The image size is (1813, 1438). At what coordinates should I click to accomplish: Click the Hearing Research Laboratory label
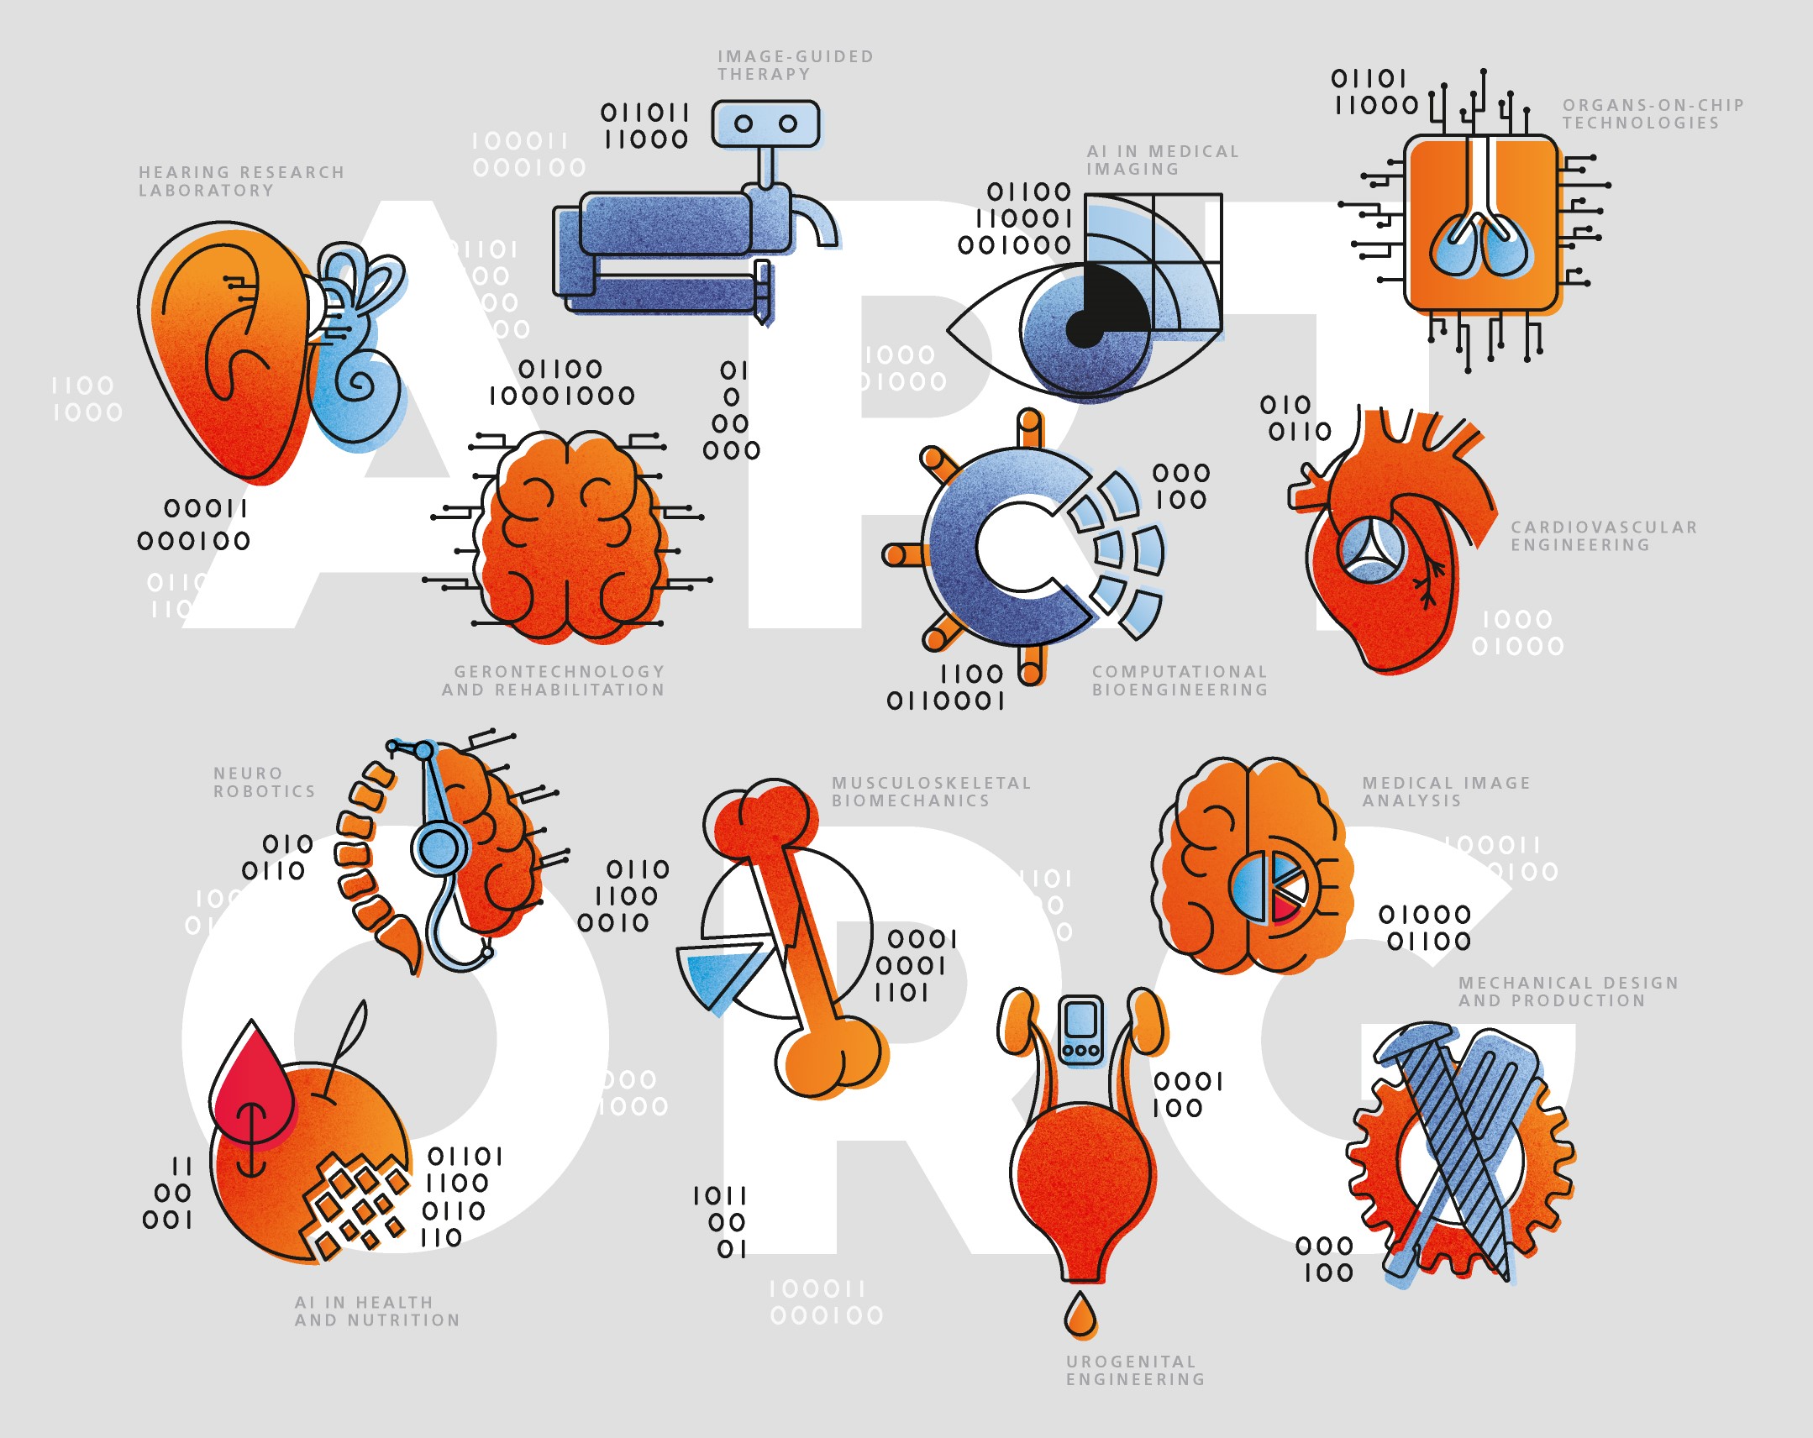point(241,181)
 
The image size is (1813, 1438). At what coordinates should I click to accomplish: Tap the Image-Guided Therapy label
point(796,66)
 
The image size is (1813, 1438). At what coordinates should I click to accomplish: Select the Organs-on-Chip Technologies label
point(1653,114)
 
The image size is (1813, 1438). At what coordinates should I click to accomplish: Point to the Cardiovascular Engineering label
point(1604,537)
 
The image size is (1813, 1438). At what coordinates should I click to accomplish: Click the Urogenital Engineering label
point(1135,1371)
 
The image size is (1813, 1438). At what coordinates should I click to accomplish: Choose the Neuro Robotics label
point(264,783)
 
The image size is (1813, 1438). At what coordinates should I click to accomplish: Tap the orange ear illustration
point(227,353)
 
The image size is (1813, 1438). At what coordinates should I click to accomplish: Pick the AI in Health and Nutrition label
point(376,1312)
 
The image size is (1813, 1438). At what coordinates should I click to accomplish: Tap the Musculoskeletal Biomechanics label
point(931,792)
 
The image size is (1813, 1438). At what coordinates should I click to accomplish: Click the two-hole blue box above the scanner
point(765,124)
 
